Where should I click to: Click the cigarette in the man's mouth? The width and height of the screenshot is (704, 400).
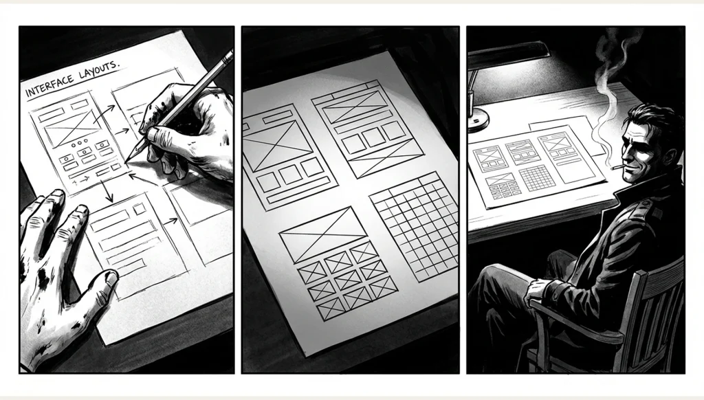(618, 168)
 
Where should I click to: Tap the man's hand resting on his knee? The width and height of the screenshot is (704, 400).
(540, 290)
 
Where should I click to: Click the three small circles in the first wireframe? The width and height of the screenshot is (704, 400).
(80, 143)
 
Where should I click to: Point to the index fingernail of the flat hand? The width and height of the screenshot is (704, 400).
(82, 209)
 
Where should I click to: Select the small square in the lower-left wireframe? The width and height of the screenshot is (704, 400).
(140, 209)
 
